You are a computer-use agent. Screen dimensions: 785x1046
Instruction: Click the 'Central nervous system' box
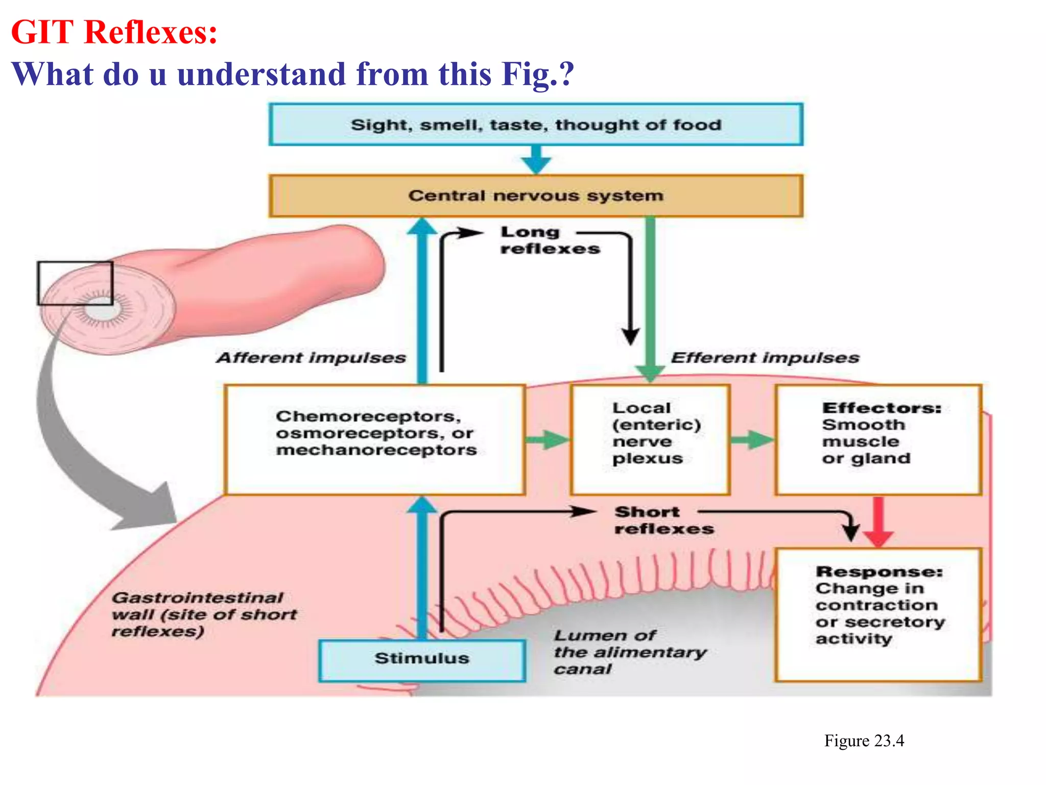click(x=536, y=196)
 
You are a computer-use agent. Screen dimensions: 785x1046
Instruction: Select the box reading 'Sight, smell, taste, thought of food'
click(x=536, y=125)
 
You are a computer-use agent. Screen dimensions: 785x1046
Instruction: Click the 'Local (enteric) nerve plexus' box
click(x=650, y=440)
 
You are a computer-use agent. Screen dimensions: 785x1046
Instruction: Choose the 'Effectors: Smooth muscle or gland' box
click(x=878, y=440)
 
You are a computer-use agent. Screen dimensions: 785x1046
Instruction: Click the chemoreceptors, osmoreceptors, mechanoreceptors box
click(x=375, y=440)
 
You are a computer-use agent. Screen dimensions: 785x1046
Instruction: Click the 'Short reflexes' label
click(x=663, y=520)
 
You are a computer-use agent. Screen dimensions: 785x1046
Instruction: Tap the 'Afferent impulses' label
click(x=311, y=358)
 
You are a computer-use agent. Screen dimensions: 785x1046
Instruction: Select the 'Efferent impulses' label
click(x=765, y=358)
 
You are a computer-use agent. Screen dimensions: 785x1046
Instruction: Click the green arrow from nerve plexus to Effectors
click(x=752, y=440)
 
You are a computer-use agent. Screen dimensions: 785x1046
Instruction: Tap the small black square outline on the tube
click(x=75, y=283)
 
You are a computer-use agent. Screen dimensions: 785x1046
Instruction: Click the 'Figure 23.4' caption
click(x=864, y=741)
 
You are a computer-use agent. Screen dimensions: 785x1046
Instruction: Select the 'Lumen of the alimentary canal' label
click(x=629, y=652)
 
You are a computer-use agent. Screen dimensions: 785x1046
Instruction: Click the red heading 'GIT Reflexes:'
click(x=114, y=32)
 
